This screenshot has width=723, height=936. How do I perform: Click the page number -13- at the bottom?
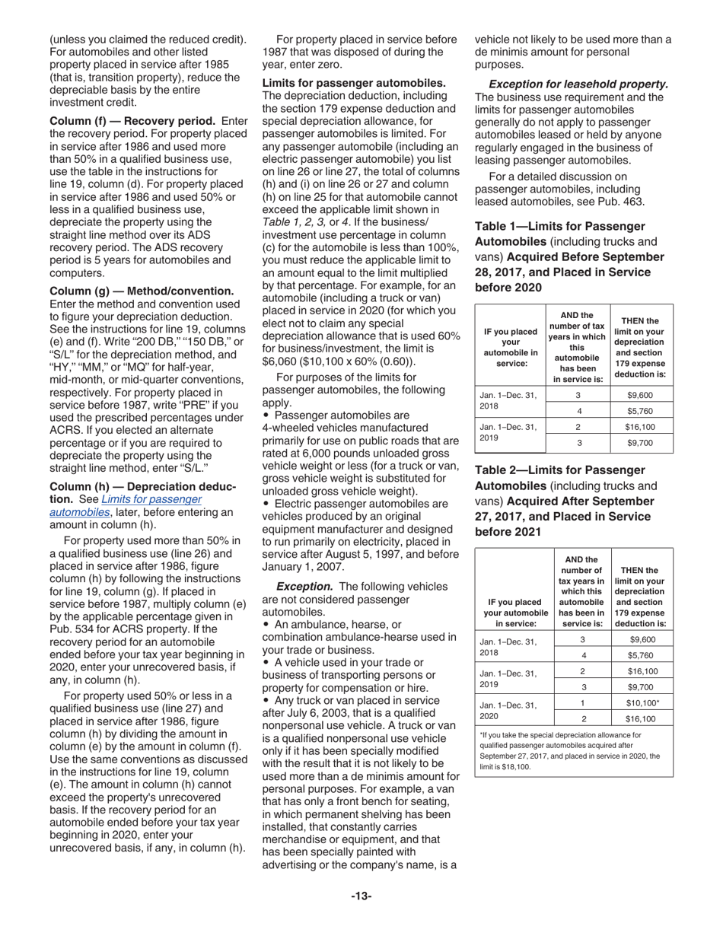[361, 896]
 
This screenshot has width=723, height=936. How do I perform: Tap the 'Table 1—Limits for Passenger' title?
[559, 226]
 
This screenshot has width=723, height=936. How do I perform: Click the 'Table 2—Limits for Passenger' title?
[559, 470]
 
